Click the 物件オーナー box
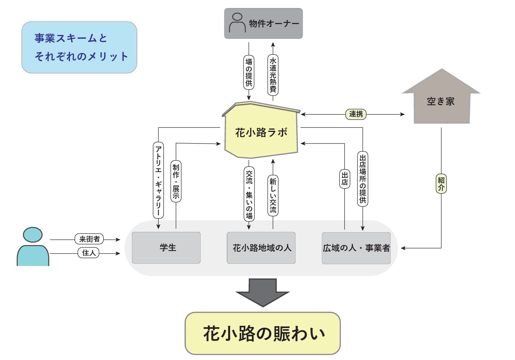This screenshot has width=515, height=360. click(263, 23)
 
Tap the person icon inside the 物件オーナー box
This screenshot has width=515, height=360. click(237, 23)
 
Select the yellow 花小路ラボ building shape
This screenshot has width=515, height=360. click(261, 132)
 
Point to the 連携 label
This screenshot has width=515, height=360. click(356, 114)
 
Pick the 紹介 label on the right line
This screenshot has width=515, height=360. click(441, 183)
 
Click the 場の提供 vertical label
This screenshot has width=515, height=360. click(248, 72)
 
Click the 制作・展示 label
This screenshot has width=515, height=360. click(176, 182)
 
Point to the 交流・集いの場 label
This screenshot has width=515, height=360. click(249, 194)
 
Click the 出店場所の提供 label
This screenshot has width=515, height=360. click(362, 179)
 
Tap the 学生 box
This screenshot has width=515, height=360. click(166, 248)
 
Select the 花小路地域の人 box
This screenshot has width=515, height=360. click(261, 248)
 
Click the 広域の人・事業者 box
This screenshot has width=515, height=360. click(356, 248)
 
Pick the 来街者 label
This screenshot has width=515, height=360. click(89, 239)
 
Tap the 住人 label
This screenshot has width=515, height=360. click(89, 253)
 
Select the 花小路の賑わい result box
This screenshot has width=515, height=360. click(263, 333)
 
